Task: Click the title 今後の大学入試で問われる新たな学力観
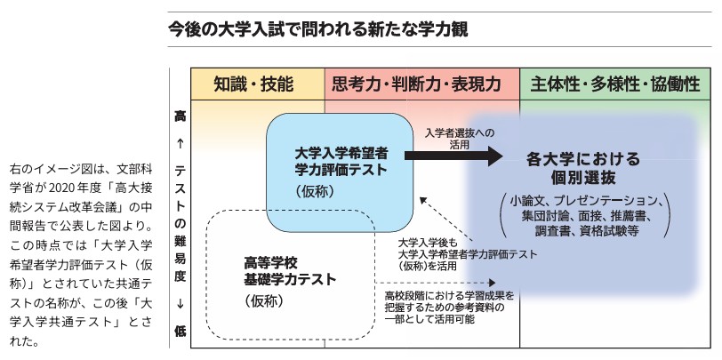317,29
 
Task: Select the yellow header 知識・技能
253,85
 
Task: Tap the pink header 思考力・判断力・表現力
421,85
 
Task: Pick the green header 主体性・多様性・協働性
614,85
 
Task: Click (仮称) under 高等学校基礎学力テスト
263,301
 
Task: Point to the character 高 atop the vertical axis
180,116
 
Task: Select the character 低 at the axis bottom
180,331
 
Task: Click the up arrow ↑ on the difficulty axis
180,142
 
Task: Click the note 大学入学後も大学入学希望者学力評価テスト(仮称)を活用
467,252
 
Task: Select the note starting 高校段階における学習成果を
449,307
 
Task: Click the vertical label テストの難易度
180,222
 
